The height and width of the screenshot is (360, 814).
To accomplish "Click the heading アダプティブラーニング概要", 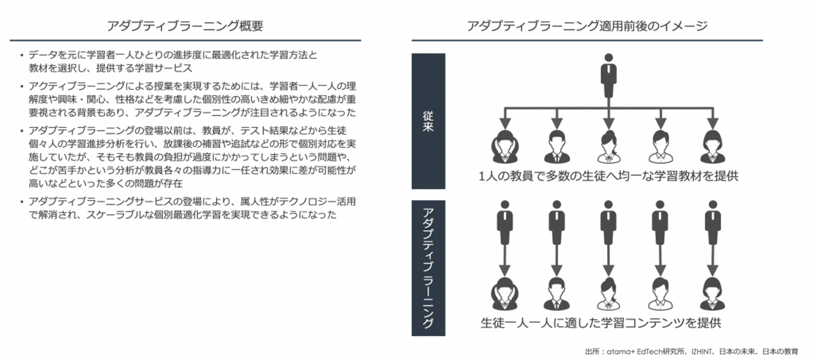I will (x=185, y=26).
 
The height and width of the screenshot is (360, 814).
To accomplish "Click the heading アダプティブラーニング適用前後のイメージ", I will (x=587, y=26).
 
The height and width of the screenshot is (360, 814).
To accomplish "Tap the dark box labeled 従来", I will (x=428, y=121).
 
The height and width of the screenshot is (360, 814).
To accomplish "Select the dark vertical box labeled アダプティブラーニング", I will (x=428, y=268).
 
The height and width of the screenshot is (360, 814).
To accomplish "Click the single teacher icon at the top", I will (x=608, y=76).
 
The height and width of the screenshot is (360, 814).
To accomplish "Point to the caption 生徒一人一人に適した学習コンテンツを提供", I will (x=600, y=323).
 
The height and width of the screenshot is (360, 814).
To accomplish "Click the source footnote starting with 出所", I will (x=691, y=352).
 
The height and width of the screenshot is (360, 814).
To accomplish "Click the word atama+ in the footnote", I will (x=616, y=352).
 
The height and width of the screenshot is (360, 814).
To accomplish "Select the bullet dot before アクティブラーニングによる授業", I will (x=21, y=87).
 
